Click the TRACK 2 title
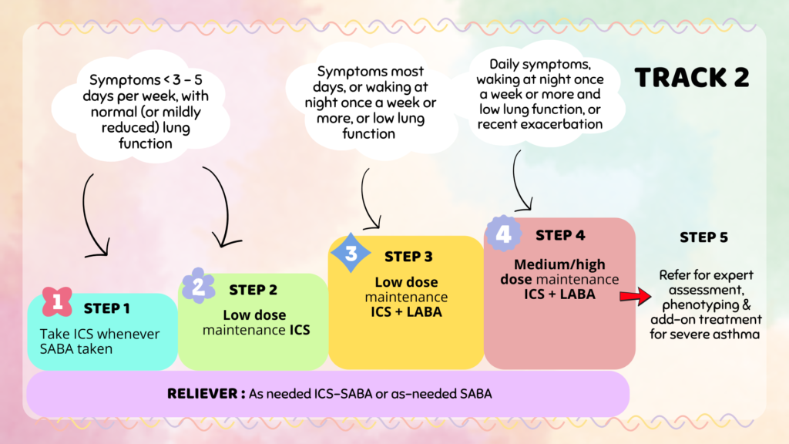click(692, 78)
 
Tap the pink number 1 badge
click(57, 301)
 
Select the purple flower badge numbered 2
click(198, 285)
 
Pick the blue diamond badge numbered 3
click(351, 253)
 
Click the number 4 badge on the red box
click(503, 233)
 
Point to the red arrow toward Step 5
click(636, 296)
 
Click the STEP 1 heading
click(106, 308)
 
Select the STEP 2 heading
click(253, 290)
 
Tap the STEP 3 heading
click(408, 257)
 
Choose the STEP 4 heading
click(560, 235)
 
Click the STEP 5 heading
click(704, 237)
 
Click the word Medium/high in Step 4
click(559, 264)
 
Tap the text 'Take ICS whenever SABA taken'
click(99, 341)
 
